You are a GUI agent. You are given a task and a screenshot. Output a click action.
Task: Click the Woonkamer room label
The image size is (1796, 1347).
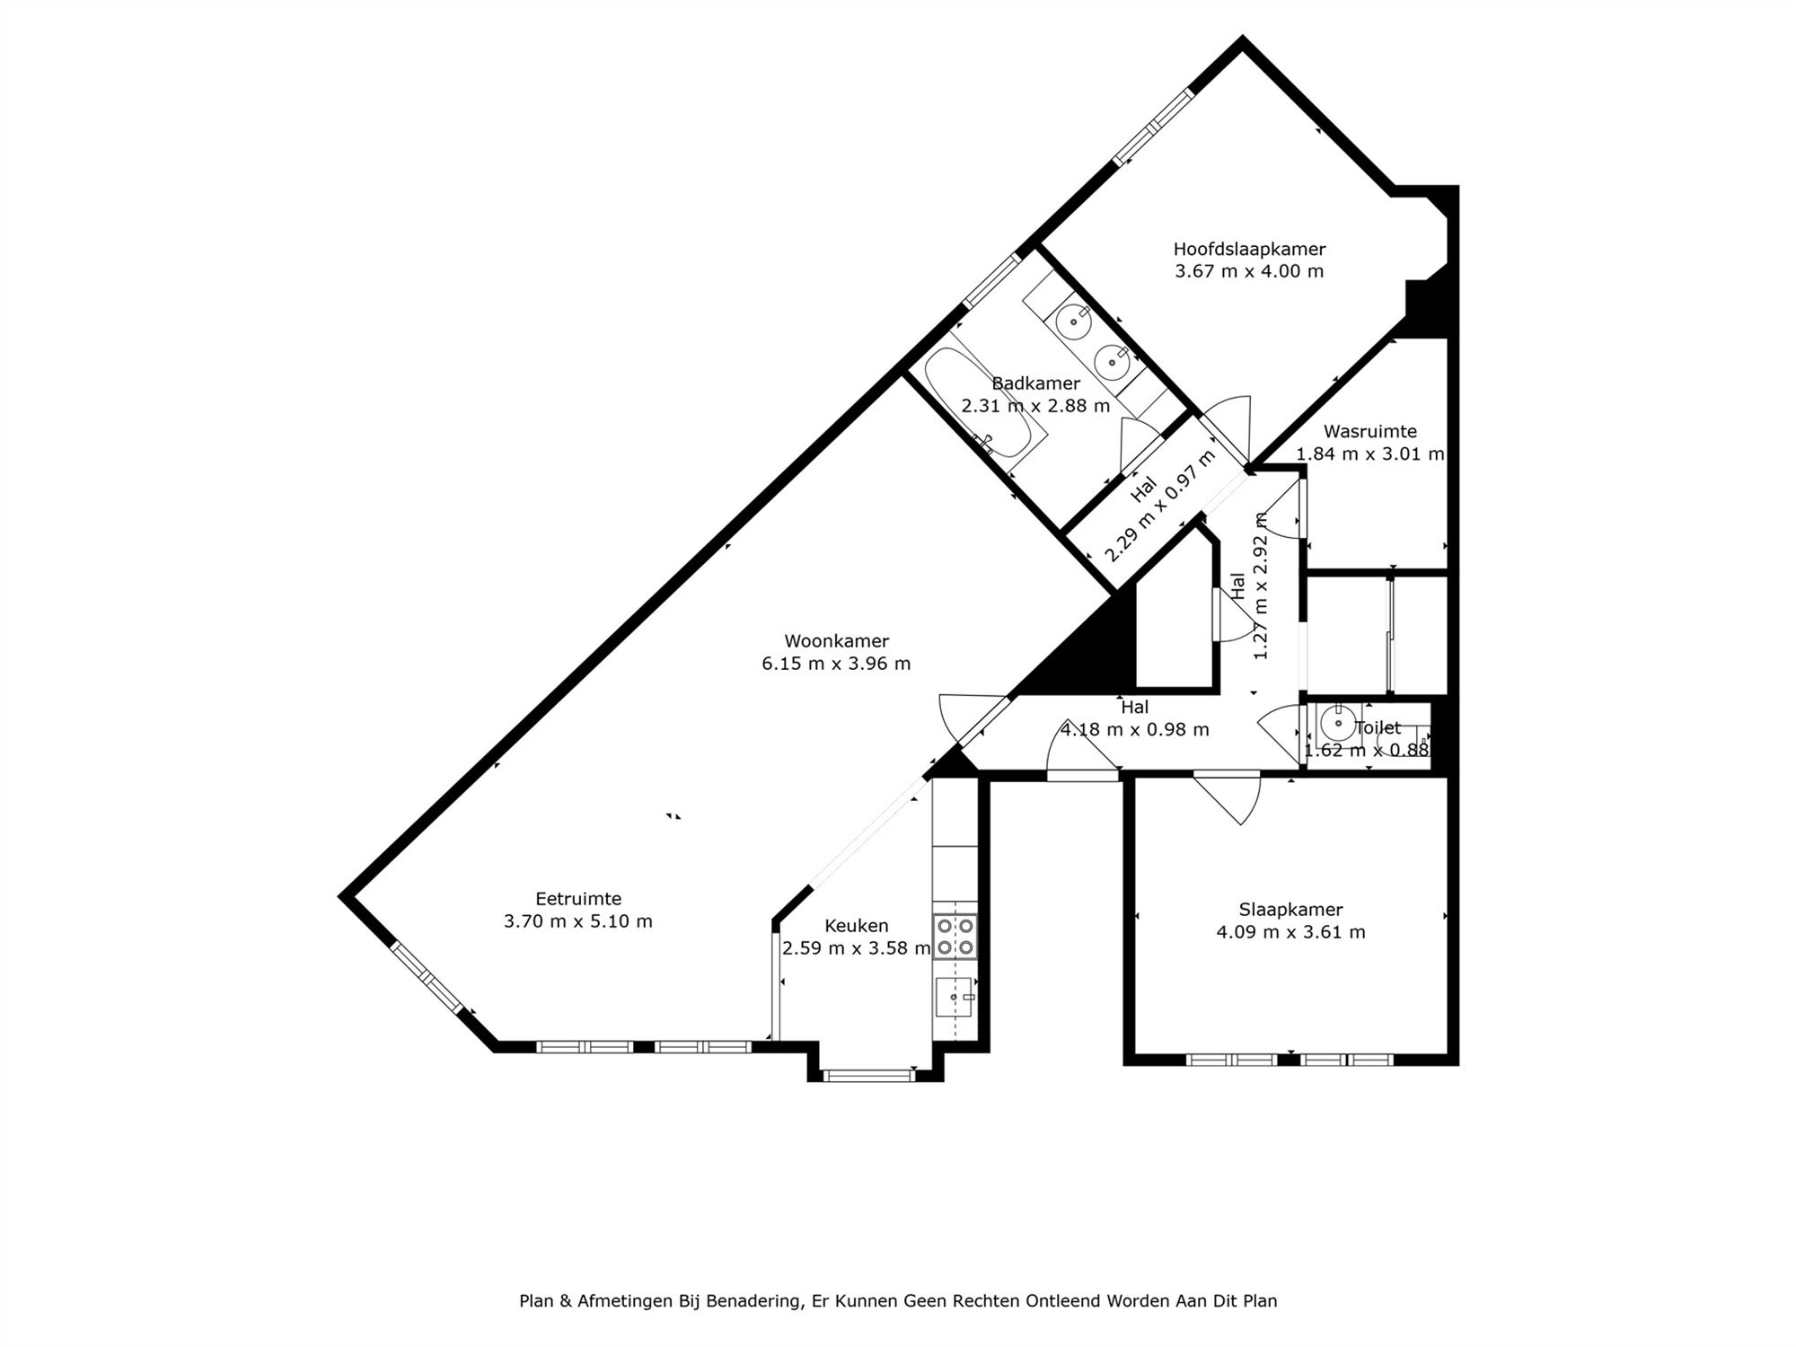tap(836, 641)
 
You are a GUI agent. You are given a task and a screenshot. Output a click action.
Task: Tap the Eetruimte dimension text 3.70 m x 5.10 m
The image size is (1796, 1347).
tap(577, 921)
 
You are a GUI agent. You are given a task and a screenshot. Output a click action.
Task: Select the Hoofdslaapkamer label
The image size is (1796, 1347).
tap(1249, 249)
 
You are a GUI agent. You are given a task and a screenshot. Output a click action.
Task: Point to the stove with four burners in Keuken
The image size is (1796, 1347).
tap(955, 936)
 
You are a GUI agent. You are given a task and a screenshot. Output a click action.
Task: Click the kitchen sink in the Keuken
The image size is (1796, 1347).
tap(953, 997)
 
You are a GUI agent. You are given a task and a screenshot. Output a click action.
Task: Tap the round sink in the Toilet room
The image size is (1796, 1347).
tap(1337, 723)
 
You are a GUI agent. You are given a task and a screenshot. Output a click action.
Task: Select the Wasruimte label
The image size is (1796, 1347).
tap(1369, 431)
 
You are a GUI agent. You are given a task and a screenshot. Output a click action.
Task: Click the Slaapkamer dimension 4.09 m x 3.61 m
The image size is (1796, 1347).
tap(1290, 932)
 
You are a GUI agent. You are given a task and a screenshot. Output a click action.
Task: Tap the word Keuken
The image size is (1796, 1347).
tap(856, 926)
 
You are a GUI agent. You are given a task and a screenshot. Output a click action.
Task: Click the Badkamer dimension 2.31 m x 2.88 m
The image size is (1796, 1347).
tap(1035, 406)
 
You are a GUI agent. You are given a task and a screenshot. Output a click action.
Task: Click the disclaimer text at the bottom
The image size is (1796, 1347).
tap(898, 1300)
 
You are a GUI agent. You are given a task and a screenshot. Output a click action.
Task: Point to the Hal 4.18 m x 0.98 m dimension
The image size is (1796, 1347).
tap(1134, 730)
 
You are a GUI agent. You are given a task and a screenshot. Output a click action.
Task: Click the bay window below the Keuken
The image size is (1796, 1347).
tap(868, 1075)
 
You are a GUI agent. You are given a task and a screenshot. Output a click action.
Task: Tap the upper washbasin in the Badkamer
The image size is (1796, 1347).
tap(1072, 321)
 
